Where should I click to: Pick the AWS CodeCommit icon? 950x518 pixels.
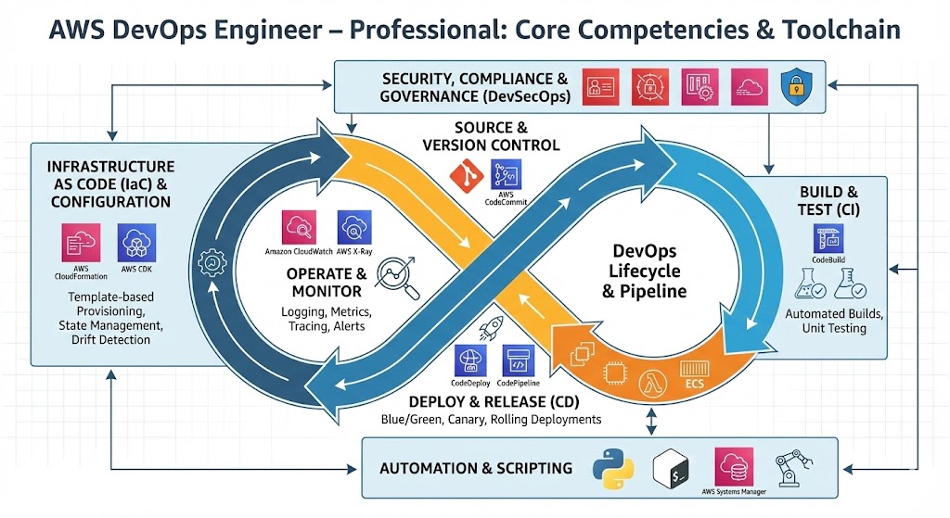(506, 175)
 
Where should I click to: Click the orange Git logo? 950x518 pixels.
(465, 175)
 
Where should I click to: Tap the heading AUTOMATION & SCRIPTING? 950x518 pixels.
(476, 467)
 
